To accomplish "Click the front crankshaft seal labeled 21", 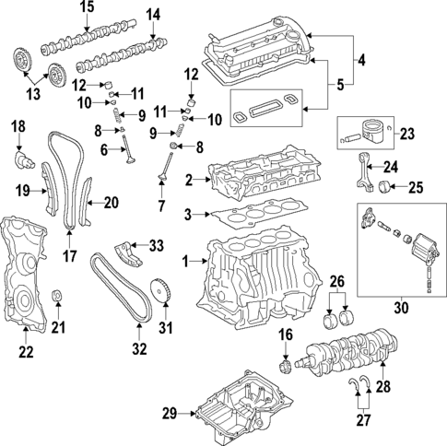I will pos(58,296).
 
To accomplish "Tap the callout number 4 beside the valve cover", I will pos(362,62).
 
